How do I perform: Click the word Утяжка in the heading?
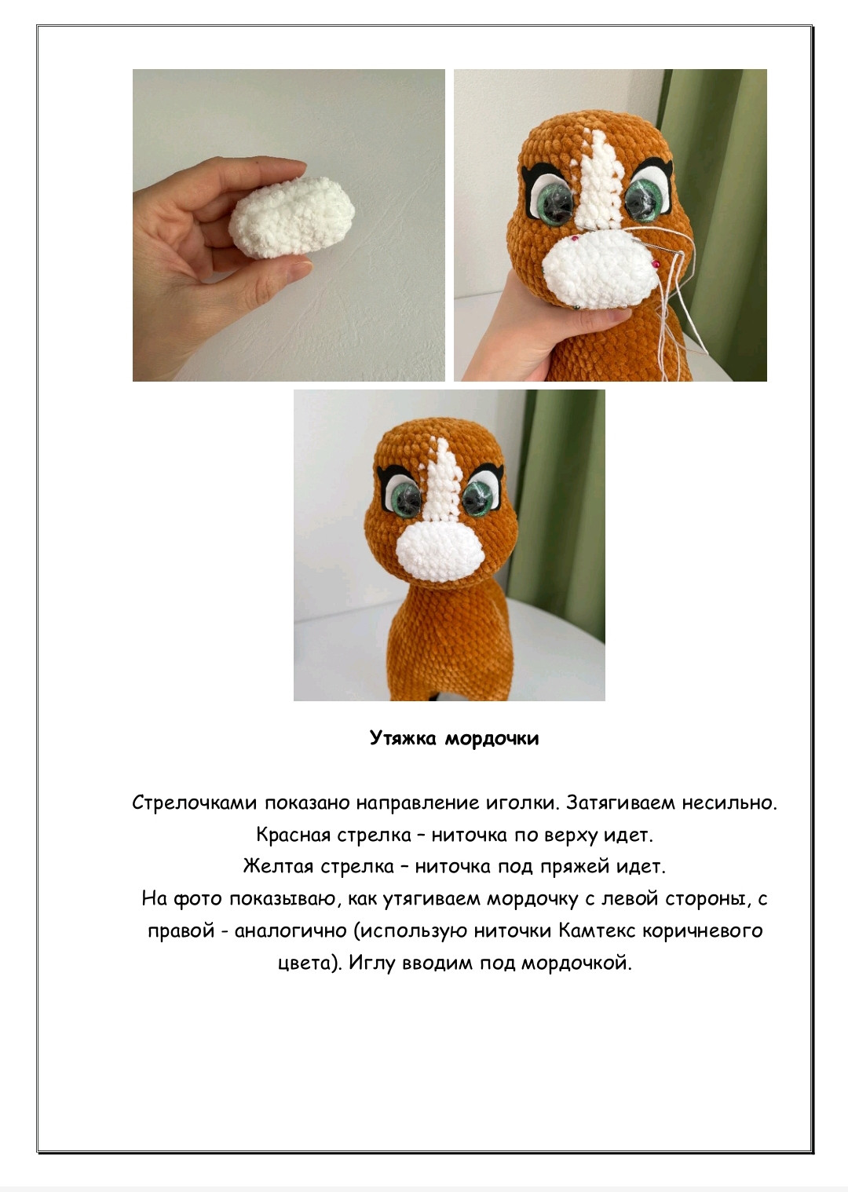click(404, 738)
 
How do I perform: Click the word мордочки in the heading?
click(492, 739)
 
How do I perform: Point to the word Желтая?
click(278, 866)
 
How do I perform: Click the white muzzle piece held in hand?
click(292, 218)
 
